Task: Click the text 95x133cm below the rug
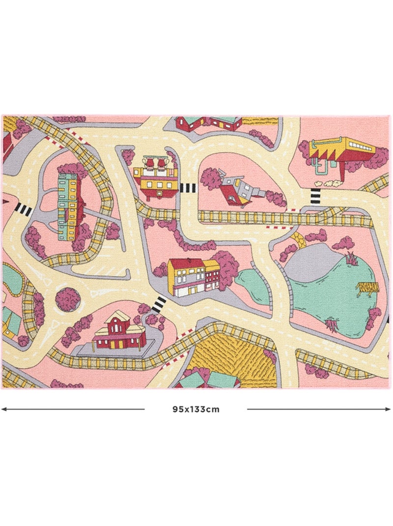pos(196,409)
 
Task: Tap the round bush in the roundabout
pos(68,299)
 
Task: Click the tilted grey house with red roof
pos(234,187)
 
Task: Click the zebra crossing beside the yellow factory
pos(315,196)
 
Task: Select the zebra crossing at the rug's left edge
pos(23,210)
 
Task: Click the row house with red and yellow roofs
pos(193,276)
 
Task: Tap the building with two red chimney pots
pos(155,178)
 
